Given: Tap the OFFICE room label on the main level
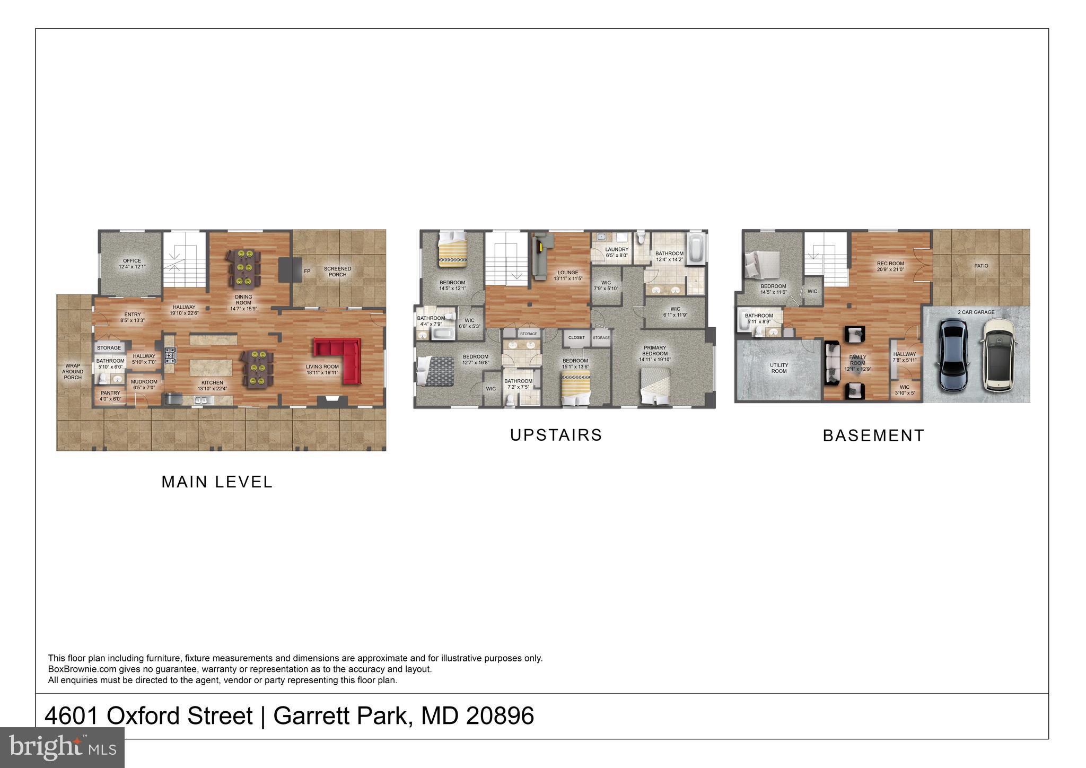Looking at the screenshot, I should point(132,261).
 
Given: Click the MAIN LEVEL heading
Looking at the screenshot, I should point(217,482).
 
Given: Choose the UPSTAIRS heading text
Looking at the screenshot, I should point(556,435).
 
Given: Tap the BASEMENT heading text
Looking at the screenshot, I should point(873,435).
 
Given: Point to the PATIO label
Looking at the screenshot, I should point(981,266).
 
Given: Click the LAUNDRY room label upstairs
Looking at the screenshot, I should point(617,249).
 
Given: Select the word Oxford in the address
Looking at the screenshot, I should point(179,715).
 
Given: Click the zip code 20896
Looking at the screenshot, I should point(500,715).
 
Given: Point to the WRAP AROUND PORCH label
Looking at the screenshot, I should point(73,371).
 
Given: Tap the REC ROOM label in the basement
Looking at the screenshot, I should point(890,264).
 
